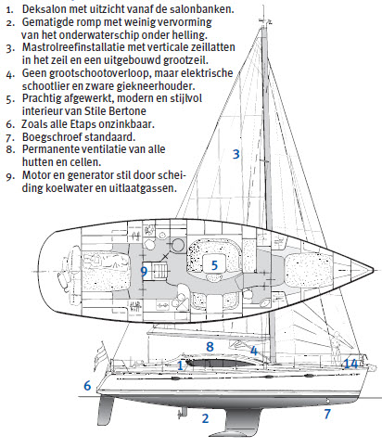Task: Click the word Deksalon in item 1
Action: [x=44, y=9]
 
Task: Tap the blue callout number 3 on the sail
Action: [x=236, y=154]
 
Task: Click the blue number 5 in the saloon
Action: [x=214, y=265]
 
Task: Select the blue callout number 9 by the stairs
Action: [x=144, y=272]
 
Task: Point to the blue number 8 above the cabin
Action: [x=210, y=347]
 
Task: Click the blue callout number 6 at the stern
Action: [x=87, y=386]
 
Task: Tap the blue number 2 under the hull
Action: [x=205, y=418]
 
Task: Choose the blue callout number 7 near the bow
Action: [x=327, y=414]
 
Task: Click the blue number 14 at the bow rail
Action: [x=351, y=365]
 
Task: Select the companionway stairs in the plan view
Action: [x=159, y=271]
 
